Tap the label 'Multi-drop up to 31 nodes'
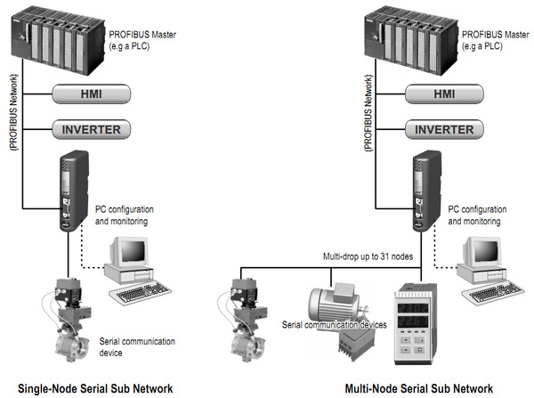[x=368, y=256]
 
